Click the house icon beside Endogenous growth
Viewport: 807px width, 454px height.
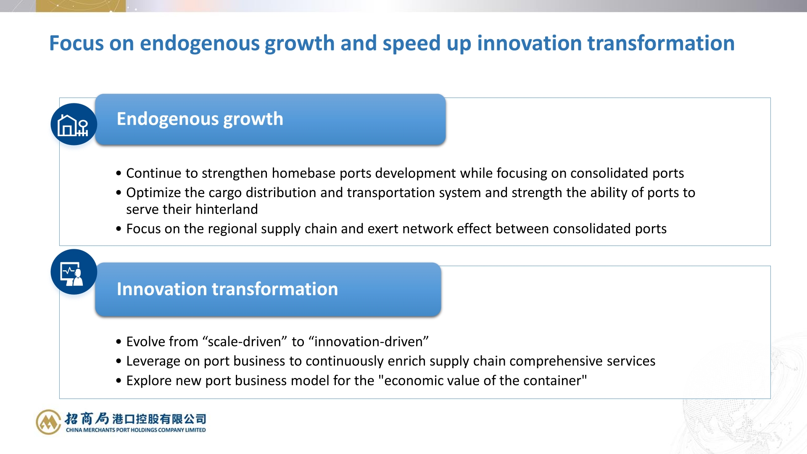point(73,125)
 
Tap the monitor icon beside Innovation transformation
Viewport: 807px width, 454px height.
point(72,274)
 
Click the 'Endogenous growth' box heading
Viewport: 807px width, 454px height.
point(200,119)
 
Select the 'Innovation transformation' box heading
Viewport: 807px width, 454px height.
point(227,289)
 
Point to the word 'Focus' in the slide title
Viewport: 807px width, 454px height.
point(76,43)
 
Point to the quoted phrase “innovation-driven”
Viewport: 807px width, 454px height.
point(368,342)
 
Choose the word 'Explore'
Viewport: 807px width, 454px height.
point(149,381)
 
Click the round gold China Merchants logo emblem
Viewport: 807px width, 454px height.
point(49,422)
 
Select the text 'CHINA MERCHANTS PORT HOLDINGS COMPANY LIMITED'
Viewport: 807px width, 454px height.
point(136,430)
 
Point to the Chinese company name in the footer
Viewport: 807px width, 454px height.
point(135,419)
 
